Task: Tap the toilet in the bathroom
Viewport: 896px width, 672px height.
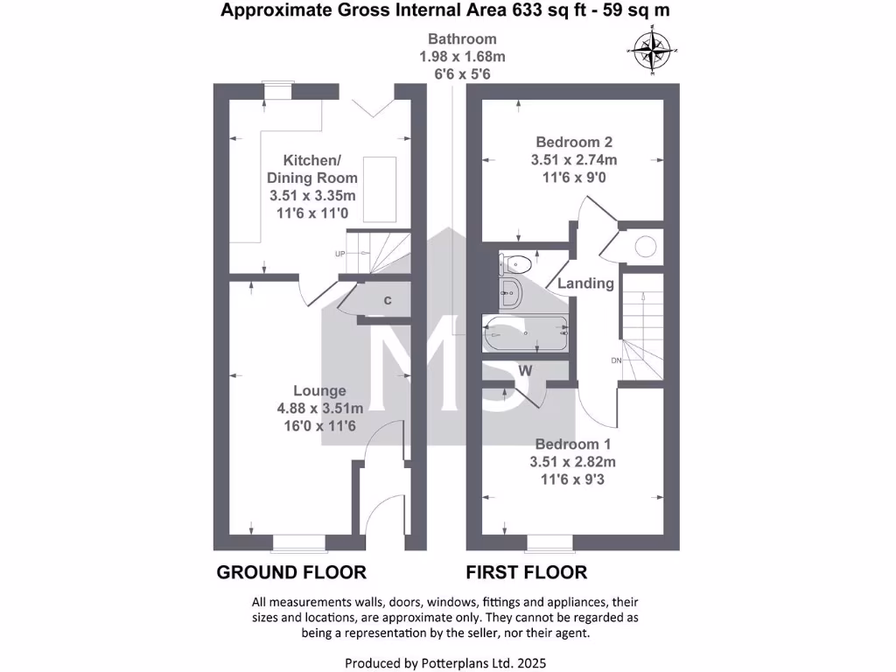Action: [515, 262]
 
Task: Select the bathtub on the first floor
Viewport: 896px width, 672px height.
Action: [525, 333]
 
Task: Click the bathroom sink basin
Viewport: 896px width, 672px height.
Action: [511, 294]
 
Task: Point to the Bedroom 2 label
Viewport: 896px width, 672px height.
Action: [574, 143]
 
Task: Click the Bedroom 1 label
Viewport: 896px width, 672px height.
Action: [573, 444]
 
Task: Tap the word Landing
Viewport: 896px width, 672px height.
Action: [585, 283]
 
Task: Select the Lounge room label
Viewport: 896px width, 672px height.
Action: [319, 391]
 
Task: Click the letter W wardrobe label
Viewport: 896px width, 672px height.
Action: [525, 371]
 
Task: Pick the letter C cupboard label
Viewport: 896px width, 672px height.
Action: [386, 301]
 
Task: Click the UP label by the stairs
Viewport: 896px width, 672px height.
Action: [339, 254]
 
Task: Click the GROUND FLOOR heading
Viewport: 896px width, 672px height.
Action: [290, 573]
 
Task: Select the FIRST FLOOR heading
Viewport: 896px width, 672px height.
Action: [526, 573]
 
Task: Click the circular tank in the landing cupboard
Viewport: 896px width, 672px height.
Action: [646, 247]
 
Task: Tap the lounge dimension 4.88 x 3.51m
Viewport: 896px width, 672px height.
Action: [319, 408]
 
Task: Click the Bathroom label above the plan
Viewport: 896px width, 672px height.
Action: [461, 38]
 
